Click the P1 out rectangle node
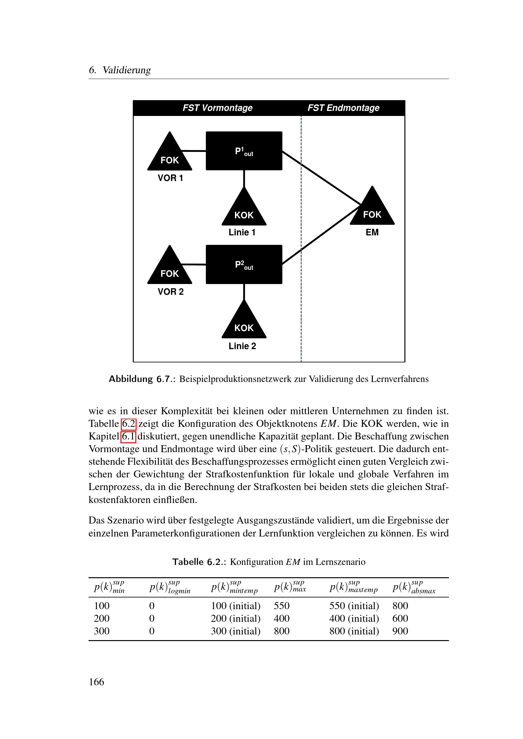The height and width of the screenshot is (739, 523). tap(244, 151)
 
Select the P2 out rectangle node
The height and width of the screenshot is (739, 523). tap(244, 264)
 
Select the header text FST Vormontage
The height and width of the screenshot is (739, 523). tap(217, 108)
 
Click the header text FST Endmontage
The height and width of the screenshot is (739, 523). tap(343, 108)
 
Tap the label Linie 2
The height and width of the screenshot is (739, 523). tap(242, 346)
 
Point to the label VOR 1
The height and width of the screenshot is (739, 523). tap(170, 178)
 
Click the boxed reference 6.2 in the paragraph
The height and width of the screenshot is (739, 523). tap(128, 424)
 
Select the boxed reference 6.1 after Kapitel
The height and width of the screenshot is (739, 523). tap(128, 436)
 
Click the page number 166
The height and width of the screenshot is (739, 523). tap(96, 682)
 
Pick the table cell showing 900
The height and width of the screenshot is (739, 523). tap(400, 631)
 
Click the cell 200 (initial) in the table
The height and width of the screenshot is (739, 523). tap(236, 618)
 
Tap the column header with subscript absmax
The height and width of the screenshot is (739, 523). tap(414, 587)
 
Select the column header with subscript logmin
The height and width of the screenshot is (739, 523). tap(170, 587)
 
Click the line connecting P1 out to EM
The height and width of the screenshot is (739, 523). tap(322, 178)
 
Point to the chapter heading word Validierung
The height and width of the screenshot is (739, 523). tap(126, 70)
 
